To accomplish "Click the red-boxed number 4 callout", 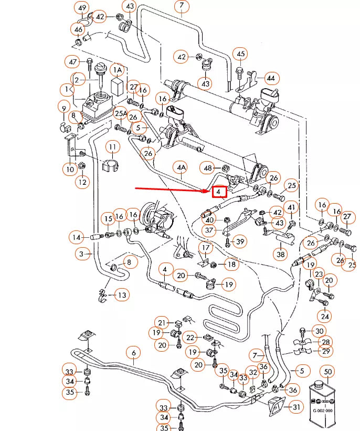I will click(219, 193).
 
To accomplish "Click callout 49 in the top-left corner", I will click(82, 8).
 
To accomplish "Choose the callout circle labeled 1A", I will click(118, 69).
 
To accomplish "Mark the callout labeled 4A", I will click(181, 168).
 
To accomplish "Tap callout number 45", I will click(240, 54).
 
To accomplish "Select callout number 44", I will click(270, 78).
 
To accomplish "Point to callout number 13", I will click(122, 296).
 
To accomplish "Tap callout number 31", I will click(297, 407).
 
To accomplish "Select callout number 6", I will click(133, 352).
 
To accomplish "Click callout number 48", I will click(208, 168).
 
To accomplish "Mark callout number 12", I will click(82, 182).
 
